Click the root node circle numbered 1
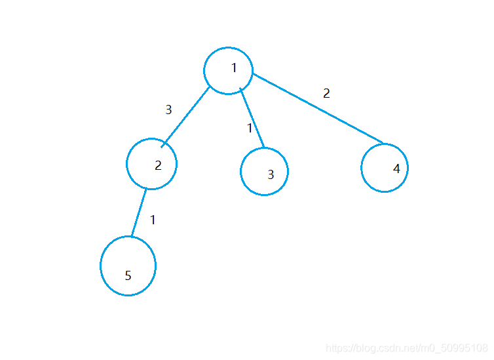228,70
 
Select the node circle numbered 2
151,164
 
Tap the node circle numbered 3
264,171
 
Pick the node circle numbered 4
385,167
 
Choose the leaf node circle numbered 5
128,266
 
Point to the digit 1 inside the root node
234,68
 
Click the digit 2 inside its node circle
158,165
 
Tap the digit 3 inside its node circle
271,175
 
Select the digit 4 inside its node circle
396,169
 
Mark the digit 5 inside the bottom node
128,275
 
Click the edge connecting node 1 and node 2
186,115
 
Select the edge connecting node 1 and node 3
253,119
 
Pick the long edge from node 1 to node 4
318,108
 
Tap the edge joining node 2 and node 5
138,213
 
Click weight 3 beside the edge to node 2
168,110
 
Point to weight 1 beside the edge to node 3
250,129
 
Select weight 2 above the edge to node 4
326,93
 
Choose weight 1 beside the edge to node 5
153,220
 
